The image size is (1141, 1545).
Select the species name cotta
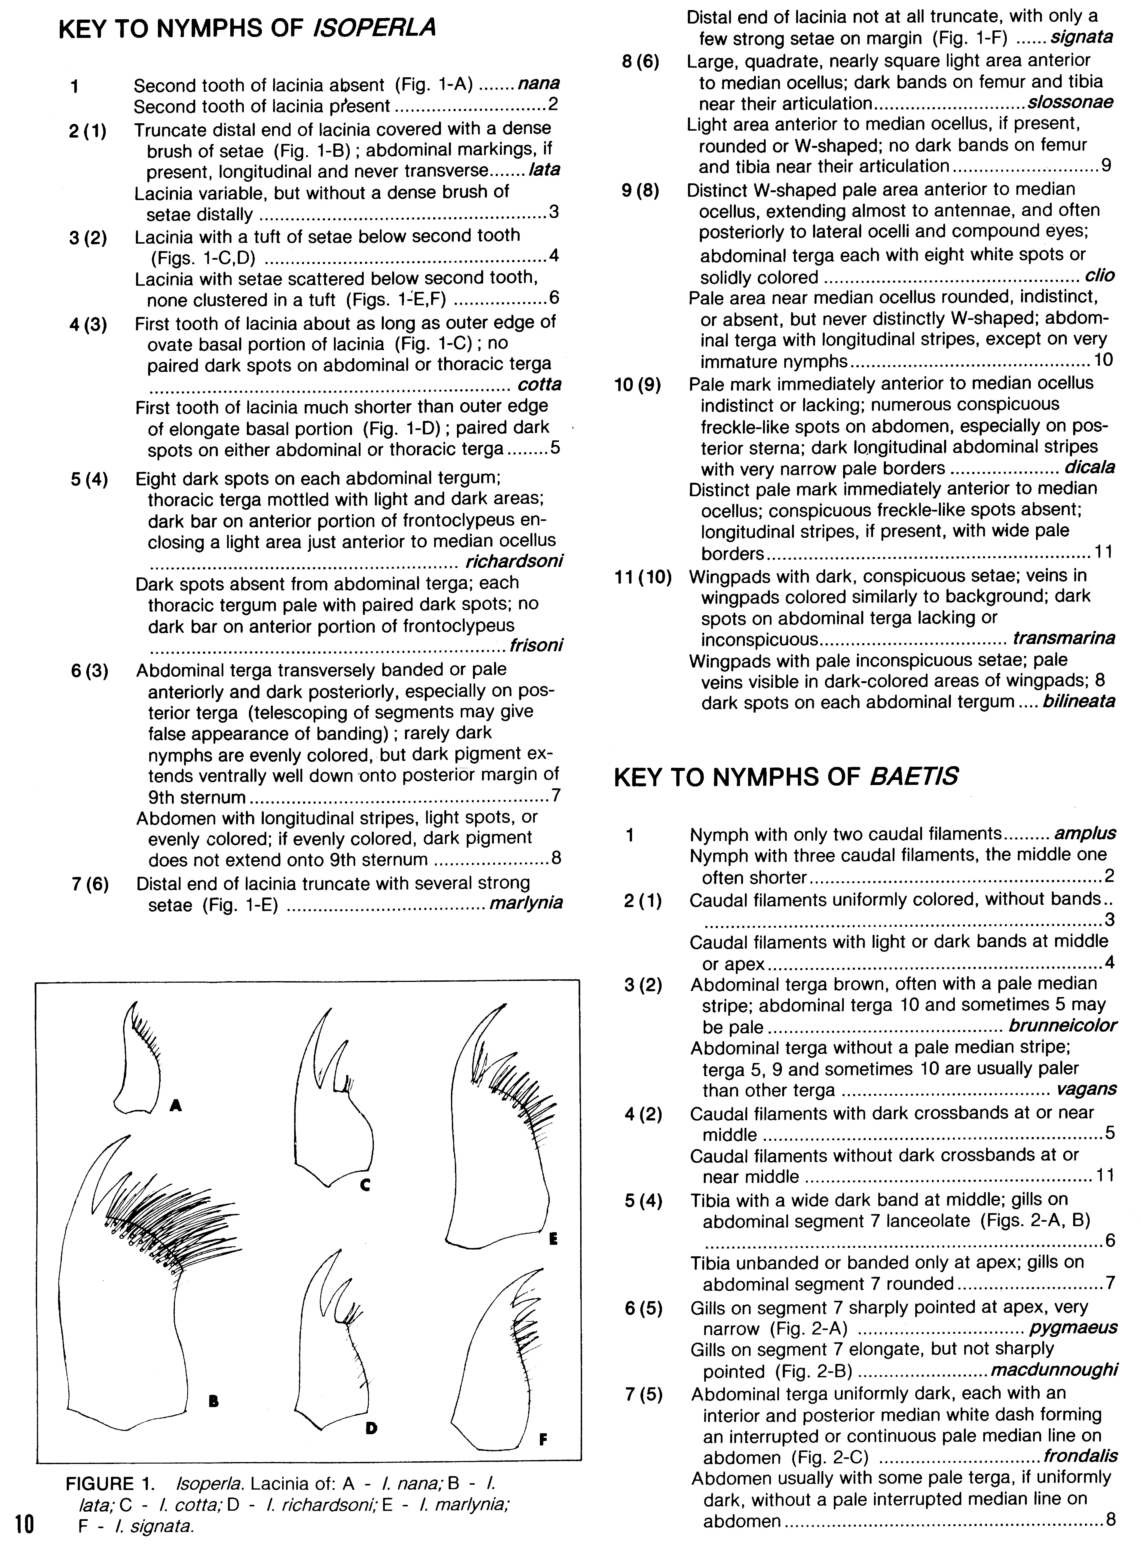[x=539, y=385]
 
